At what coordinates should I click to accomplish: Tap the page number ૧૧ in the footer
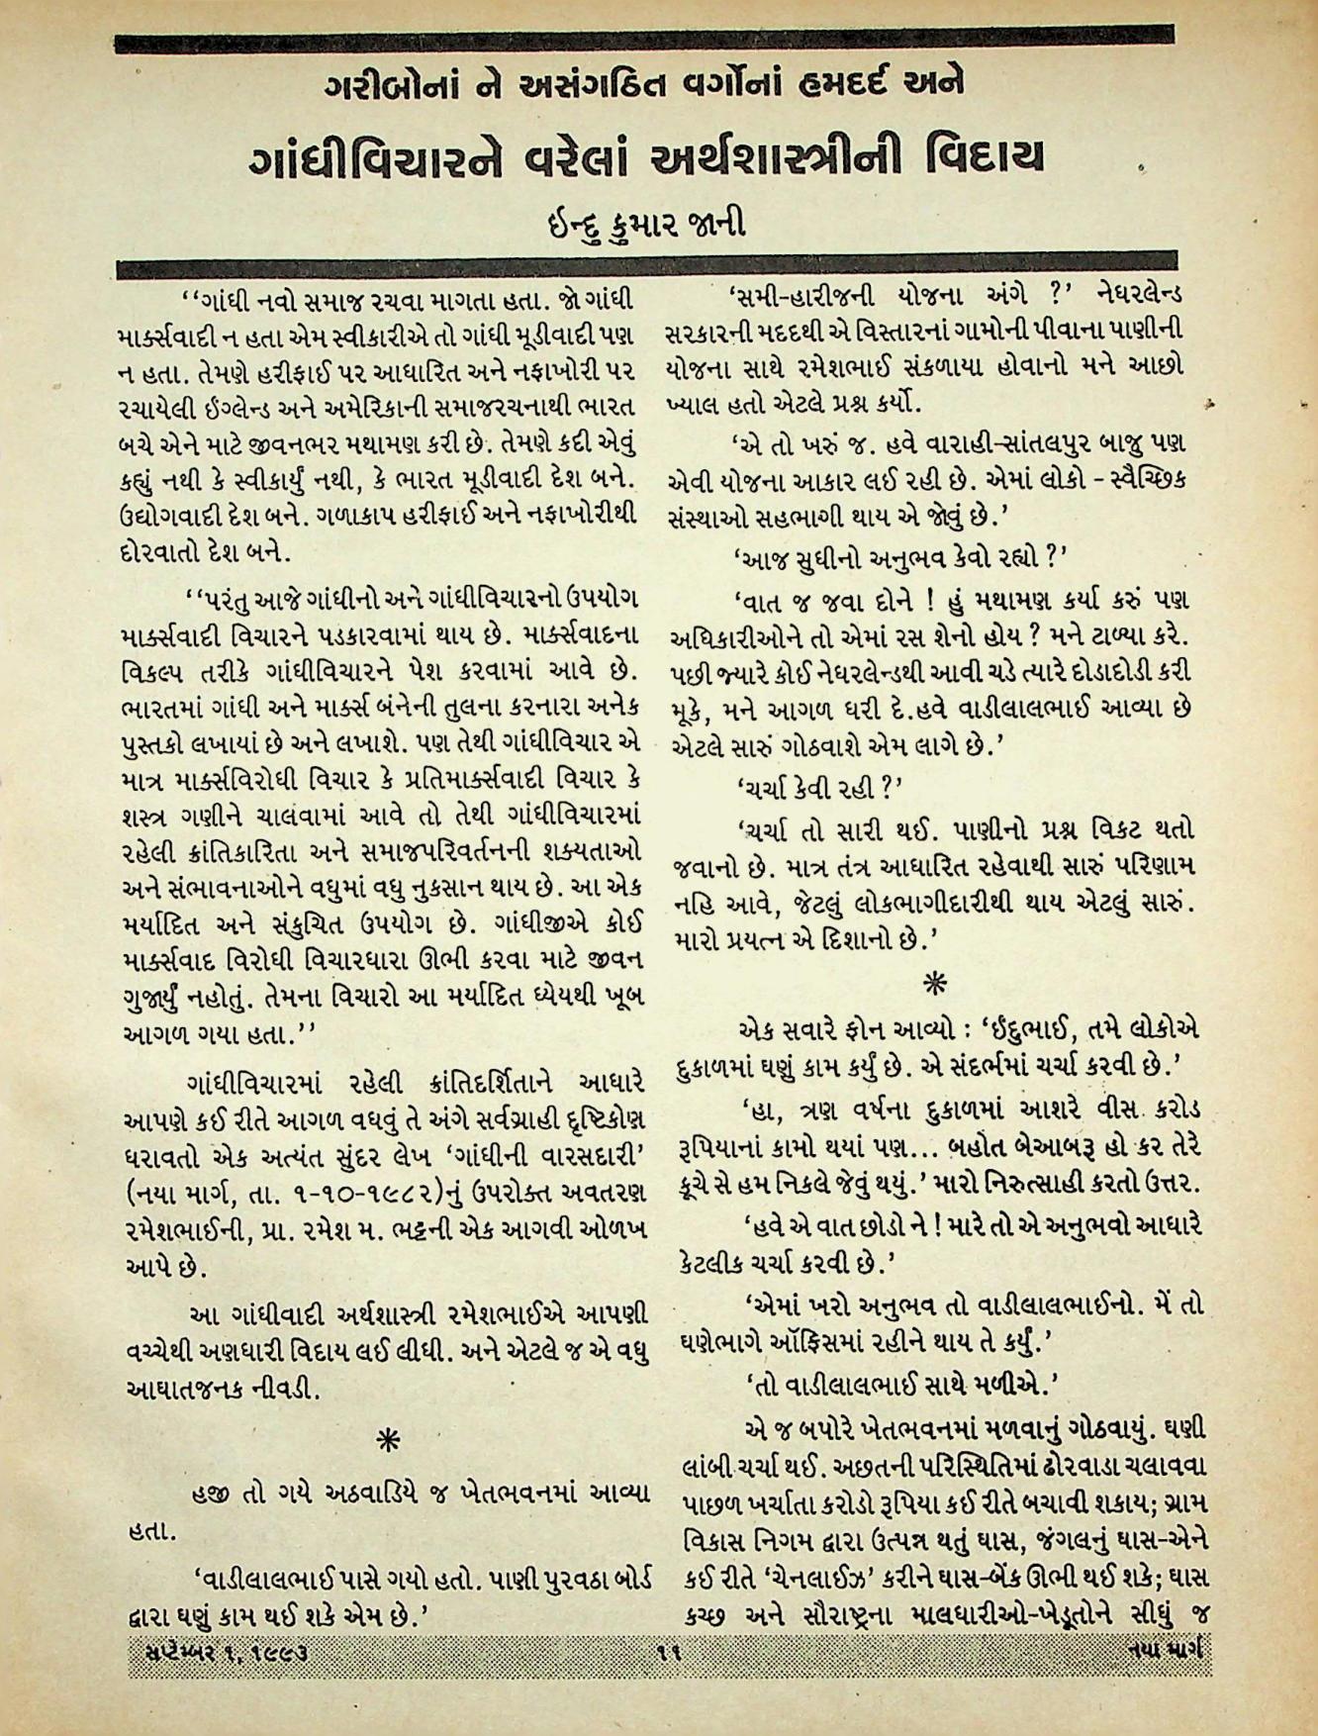click(664, 1651)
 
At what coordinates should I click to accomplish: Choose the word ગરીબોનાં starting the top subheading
click(391, 87)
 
